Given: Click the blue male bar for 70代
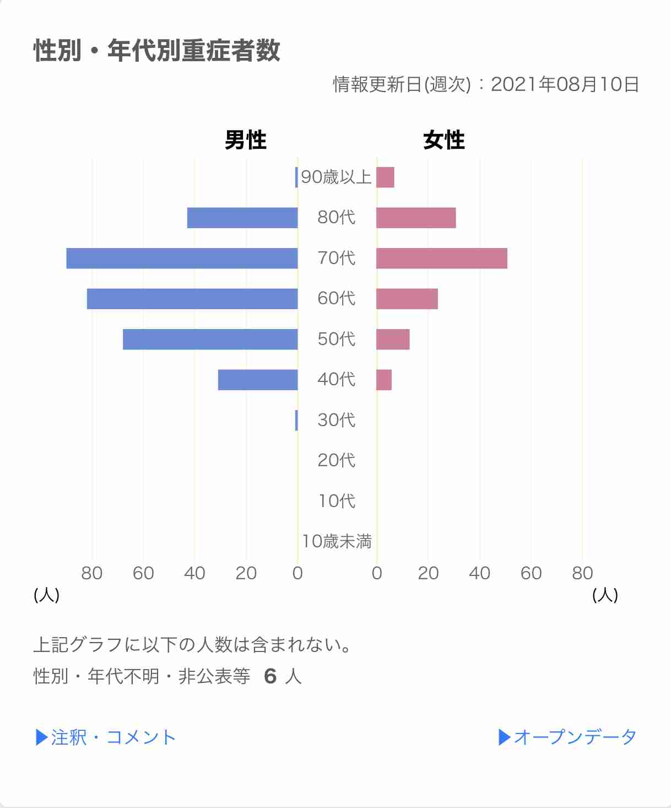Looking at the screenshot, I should pyautogui.click(x=182, y=258).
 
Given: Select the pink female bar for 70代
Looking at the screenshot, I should pyautogui.click(x=441, y=258).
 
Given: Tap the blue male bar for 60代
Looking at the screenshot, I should pyautogui.click(x=192, y=299).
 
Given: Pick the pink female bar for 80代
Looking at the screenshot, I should pyautogui.click(x=416, y=218).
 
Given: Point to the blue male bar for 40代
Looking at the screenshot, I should pyautogui.click(x=258, y=380).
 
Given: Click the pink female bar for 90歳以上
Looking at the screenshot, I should pyautogui.click(x=385, y=177).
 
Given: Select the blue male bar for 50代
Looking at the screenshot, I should pyautogui.click(x=210, y=340).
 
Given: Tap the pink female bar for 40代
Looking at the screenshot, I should pyautogui.click(x=384, y=380).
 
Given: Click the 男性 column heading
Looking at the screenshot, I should pyautogui.click(x=245, y=140).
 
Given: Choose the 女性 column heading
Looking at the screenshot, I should pyautogui.click(x=443, y=140).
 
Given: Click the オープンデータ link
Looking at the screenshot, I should pyautogui.click(x=567, y=737).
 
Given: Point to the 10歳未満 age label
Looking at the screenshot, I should pyautogui.click(x=337, y=541).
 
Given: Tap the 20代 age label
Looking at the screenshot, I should pyautogui.click(x=337, y=460).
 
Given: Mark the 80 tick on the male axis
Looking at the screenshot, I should pyautogui.click(x=92, y=573).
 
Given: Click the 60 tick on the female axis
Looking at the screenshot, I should pyautogui.click(x=531, y=573).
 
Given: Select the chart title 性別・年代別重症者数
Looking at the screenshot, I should pyautogui.click(x=157, y=51).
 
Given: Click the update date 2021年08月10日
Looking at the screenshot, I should pyautogui.click(x=565, y=84).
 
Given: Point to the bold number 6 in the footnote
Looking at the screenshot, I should pyautogui.click(x=270, y=676).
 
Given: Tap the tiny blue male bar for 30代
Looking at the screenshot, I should pyautogui.click(x=296, y=421).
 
